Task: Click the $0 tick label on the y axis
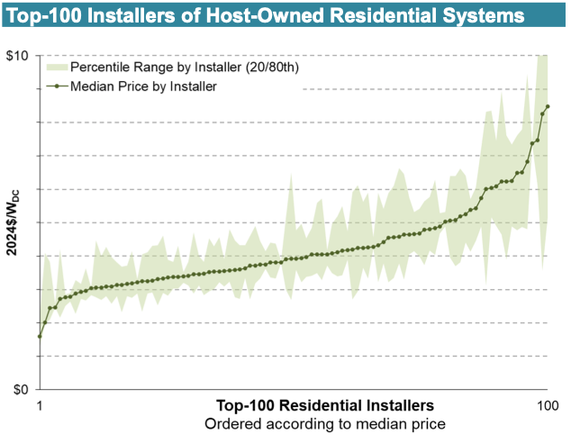21,390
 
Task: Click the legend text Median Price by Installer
143,86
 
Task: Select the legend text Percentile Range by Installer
150,68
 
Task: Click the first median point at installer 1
40,337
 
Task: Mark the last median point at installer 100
548,106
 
